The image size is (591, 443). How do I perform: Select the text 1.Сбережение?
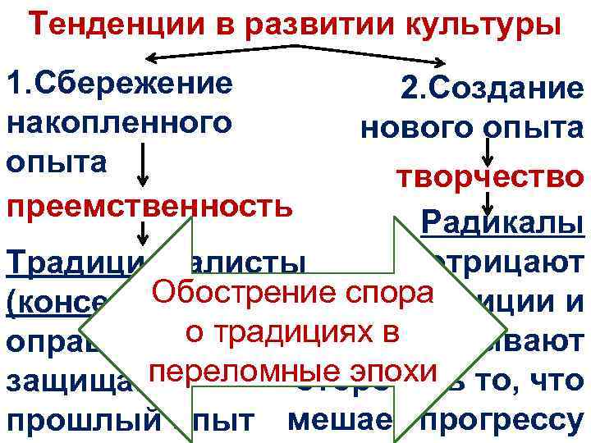click(x=118, y=84)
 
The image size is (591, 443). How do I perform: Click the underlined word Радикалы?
click(x=502, y=221)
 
